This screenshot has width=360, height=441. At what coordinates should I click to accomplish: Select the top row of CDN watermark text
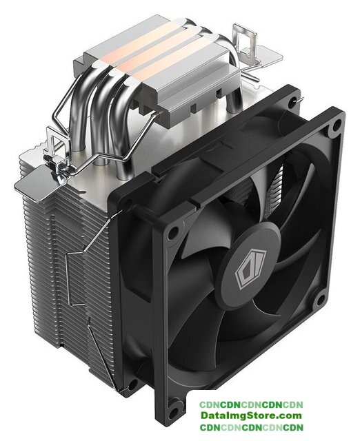tap(251, 404)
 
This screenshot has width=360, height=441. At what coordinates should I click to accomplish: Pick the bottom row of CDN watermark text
tap(251, 427)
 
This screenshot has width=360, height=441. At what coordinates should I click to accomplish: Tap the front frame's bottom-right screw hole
tap(320, 300)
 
